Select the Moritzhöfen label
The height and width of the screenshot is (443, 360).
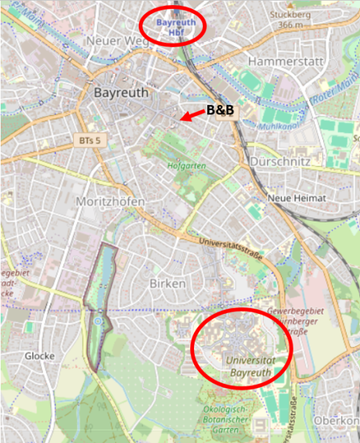click(110, 202)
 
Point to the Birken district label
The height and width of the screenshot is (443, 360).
click(167, 284)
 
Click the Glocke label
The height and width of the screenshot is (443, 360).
click(40, 356)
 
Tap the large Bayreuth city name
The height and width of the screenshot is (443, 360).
click(122, 94)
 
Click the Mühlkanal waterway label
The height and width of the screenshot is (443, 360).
click(276, 126)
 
